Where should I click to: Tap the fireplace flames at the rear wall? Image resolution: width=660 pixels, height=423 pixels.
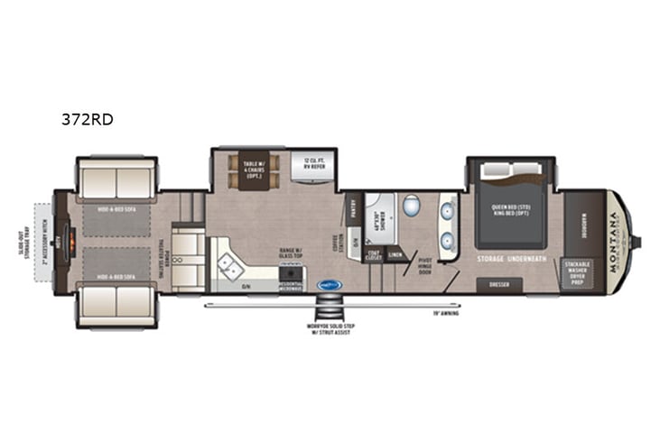click(64, 242)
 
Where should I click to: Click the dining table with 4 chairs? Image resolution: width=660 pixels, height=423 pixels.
click(248, 170)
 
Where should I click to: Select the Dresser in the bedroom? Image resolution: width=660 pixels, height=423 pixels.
click(499, 283)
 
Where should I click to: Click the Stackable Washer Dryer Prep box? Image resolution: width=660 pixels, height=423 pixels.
click(576, 271)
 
